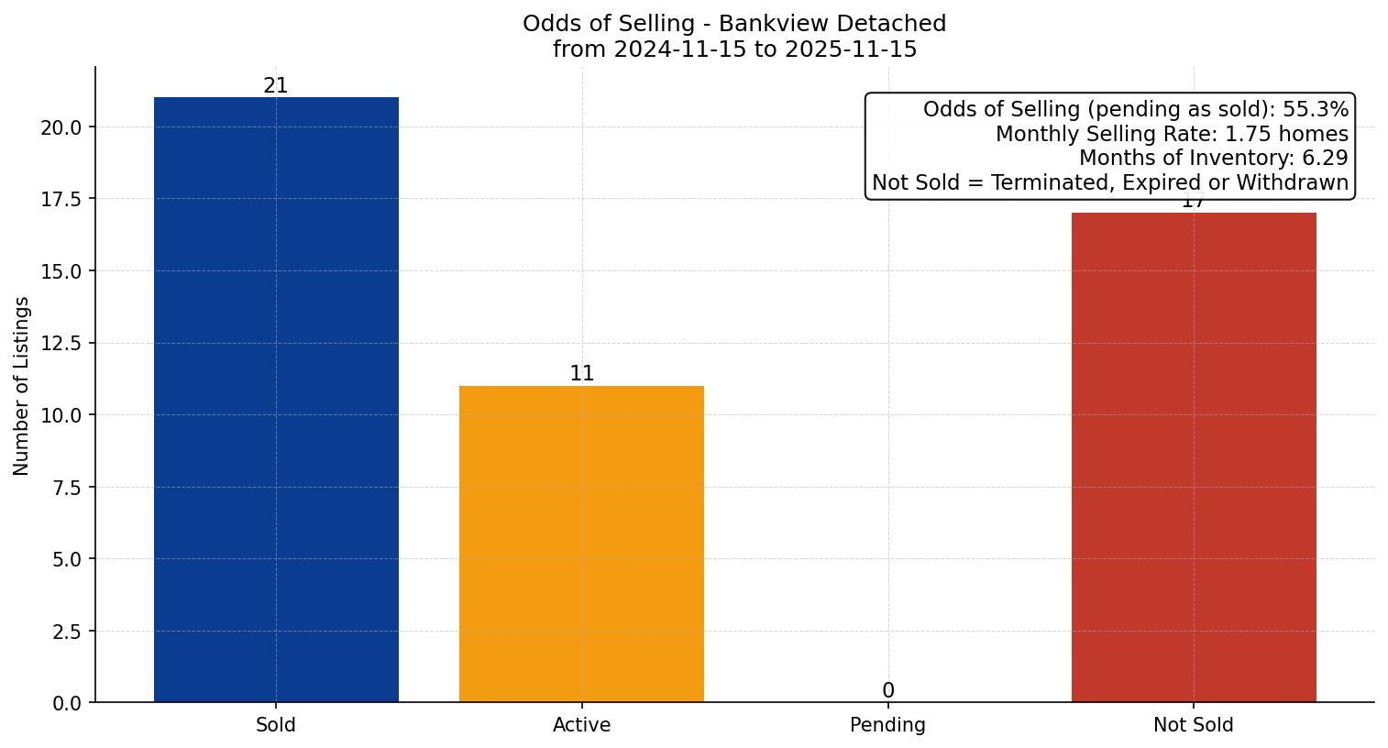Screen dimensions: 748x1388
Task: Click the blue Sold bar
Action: [x=276, y=400]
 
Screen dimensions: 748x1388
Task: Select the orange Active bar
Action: [x=581, y=544]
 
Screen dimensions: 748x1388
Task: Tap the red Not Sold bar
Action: [x=1193, y=457]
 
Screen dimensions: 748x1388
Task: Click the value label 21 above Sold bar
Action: [x=276, y=86]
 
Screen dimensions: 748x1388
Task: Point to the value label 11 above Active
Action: [x=581, y=374]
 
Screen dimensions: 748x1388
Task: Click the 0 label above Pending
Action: [x=887, y=691]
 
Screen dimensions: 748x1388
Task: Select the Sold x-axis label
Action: [x=276, y=725]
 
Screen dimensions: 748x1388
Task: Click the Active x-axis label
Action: [x=581, y=725]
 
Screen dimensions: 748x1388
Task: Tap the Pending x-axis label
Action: [x=887, y=725]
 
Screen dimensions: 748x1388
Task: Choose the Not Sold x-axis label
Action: [x=1193, y=725]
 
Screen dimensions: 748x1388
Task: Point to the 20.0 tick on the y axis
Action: [x=61, y=127]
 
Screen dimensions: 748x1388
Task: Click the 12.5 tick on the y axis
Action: [x=61, y=344]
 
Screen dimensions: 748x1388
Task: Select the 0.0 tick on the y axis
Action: [x=66, y=703]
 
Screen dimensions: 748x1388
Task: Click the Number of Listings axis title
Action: [x=22, y=386]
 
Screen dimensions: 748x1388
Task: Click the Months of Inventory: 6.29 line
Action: [x=1213, y=159]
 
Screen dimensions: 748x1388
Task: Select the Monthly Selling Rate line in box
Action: [x=1172, y=135]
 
